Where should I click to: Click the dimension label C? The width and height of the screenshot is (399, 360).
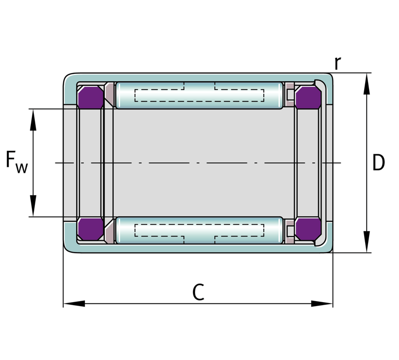198,292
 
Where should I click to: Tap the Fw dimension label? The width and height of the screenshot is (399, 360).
16,162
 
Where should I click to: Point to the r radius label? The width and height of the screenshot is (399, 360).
338,63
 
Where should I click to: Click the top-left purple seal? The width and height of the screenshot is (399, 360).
91,97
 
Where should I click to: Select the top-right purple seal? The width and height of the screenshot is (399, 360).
308,97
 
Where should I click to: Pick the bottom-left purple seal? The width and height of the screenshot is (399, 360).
91,229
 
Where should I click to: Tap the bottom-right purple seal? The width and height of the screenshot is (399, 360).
308,229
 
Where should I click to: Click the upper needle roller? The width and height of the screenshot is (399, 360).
199,95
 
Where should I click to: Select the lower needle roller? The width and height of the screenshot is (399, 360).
199,230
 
